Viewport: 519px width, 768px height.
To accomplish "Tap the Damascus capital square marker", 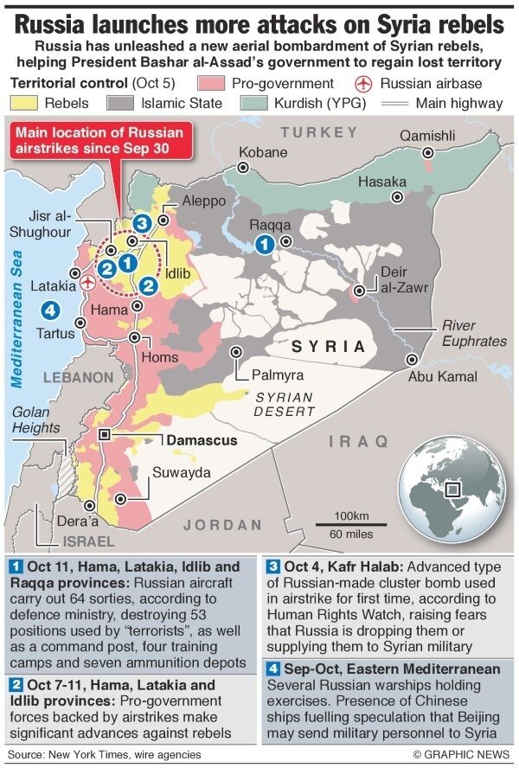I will pos(105,435).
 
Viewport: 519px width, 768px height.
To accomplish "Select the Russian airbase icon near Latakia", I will pos(86,282).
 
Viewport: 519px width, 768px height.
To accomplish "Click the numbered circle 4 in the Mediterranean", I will pos(50,309).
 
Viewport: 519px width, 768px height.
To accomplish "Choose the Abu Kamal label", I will pos(442,376).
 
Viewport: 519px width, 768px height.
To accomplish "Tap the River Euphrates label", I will pos(474,333).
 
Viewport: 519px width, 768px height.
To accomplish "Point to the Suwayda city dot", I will pos(129,498).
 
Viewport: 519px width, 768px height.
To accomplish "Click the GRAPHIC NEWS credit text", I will pos(461,754).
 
